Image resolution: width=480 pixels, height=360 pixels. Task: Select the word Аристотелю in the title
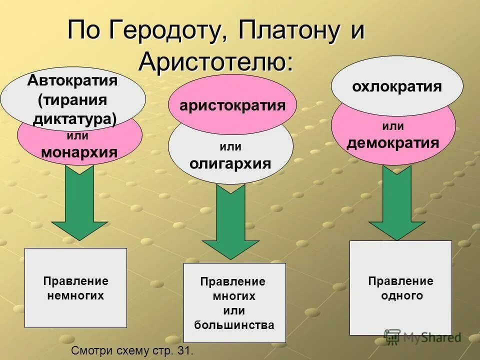pyautogui.click(x=215, y=61)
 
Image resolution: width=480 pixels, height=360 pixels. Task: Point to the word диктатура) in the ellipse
pyautogui.click(x=74, y=118)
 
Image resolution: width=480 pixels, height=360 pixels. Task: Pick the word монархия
pyautogui.click(x=79, y=152)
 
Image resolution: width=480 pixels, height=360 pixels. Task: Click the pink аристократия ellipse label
pyautogui.click(x=232, y=105)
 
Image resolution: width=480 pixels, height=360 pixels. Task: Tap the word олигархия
pyautogui.click(x=230, y=163)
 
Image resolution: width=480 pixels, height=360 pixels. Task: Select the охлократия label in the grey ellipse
pyautogui.click(x=397, y=86)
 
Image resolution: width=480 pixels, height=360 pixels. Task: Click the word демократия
pyautogui.click(x=393, y=143)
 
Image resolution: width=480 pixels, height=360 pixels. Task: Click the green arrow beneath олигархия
pyautogui.click(x=230, y=220)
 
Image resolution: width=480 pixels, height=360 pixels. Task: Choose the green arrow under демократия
pyautogui.click(x=396, y=202)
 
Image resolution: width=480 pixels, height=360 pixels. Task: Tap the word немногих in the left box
pyautogui.click(x=75, y=295)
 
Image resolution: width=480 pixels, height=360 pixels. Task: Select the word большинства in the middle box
pyautogui.click(x=234, y=325)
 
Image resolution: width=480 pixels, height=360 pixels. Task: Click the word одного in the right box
pyautogui.click(x=401, y=295)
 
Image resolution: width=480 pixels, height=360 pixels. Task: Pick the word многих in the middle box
pyautogui.click(x=234, y=296)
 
